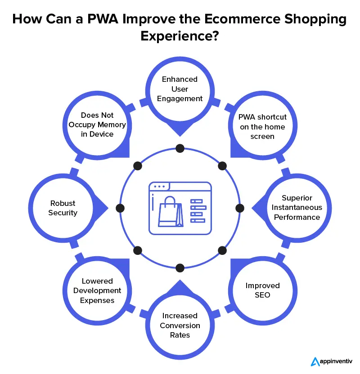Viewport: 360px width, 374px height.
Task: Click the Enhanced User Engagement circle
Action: coord(180,89)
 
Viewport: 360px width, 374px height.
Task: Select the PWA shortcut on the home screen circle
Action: coord(263,126)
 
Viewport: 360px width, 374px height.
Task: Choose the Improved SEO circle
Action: coord(263,290)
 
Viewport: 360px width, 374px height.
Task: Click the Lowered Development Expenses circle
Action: coord(97,291)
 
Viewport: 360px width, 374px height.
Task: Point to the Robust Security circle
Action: coord(63,208)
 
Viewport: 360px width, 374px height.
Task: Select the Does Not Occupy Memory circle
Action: coord(97,125)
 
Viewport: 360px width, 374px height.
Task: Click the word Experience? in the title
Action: coord(180,36)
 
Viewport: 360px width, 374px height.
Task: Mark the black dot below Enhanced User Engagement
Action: coord(180,148)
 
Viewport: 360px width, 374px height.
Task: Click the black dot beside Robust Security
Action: coord(120,208)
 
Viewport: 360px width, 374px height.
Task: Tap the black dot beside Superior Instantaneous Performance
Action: coord(240,208)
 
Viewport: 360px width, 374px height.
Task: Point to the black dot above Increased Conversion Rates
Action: coord(180,268)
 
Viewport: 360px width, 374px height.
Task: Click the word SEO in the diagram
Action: coord(263,295)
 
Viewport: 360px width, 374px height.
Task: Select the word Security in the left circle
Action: coord(63,213)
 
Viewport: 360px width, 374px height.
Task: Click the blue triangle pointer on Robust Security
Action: coord(103,208)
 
